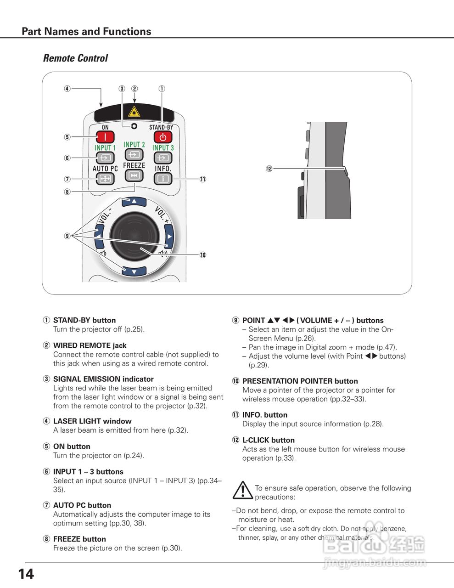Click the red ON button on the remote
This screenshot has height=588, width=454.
click(105, 137)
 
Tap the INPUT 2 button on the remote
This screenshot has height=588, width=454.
click(134, 155)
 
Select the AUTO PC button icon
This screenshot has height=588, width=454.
click(105, 178)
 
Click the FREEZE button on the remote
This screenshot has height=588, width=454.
click(134, 175)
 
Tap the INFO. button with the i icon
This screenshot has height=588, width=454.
click(163, 178)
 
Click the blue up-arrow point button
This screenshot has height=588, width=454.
click(134, 201)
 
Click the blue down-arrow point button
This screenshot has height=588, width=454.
click(134, 271)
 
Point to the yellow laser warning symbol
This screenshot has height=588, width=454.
click(134, 112)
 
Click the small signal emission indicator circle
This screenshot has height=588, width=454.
click(134, 127)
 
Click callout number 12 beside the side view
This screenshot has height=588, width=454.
click(269, 169)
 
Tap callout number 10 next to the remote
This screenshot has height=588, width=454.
click(202, 255)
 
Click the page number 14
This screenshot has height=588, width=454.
click(26, 574)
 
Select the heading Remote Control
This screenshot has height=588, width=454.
click(75, 58)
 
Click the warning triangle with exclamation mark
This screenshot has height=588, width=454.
click(242, 490)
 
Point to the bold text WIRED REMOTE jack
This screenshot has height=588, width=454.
click(90, 345)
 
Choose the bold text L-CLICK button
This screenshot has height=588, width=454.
click(268, 440)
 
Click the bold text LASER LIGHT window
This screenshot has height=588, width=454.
click(92, 421)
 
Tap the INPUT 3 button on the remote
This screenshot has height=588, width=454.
click(163, 158)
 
